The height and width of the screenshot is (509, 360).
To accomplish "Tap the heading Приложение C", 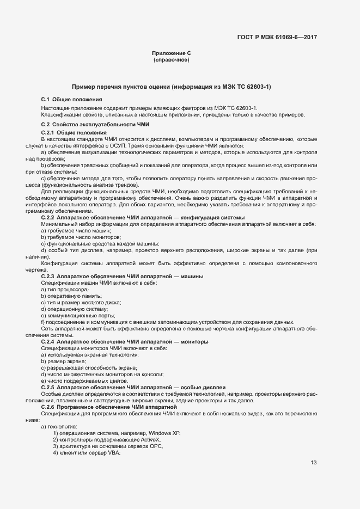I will click(171, 53).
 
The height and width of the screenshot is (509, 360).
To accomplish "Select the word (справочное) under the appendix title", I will click(171, 60).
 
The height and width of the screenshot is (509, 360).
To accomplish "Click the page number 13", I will click(314, 463).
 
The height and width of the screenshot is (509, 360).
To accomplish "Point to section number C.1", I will click(45, 100).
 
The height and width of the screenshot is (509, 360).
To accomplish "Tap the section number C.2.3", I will click(49, 277).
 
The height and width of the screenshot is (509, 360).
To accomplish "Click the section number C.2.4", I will click(49, 341).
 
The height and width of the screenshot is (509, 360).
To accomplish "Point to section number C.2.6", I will click(49, 407).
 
